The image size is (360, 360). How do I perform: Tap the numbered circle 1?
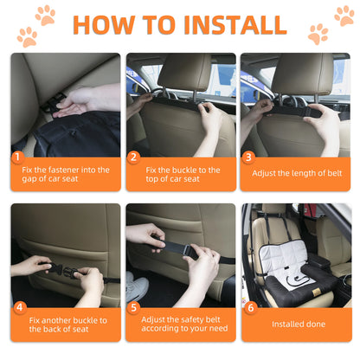tap(17, 157)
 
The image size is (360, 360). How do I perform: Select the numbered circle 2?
tap(133, 157)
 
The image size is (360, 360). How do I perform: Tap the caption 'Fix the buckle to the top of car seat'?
tap(184, 176)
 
